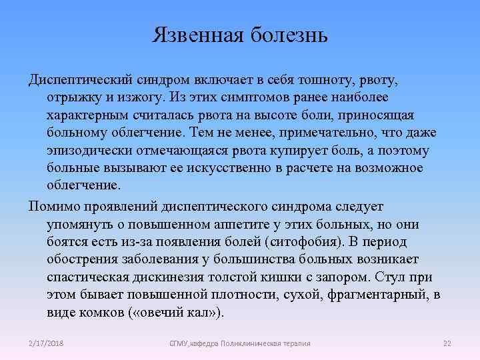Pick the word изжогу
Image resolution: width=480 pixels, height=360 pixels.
[139, 97]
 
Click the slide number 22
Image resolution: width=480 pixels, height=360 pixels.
[447, 343]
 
